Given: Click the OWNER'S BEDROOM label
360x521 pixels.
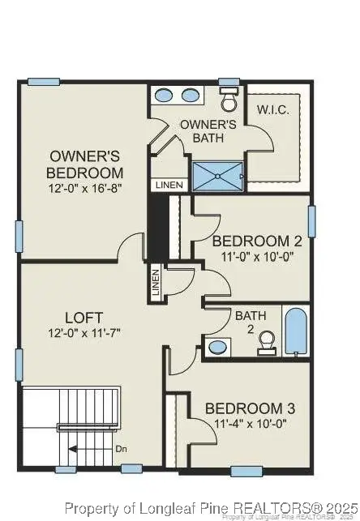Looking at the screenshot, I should coord(85,164).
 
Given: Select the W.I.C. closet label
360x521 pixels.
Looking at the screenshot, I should coord(273,109).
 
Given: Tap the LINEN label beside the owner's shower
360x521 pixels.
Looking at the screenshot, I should coord(169,186).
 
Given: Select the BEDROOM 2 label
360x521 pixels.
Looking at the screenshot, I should coord(251,241).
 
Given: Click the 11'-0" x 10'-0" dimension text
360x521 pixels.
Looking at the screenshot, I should coord(251,258).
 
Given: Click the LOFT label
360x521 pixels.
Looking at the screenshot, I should coord(84,317).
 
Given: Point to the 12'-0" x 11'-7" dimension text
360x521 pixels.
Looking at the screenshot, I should coord(84,333).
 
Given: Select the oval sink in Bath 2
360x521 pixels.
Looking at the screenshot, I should coord(218,348).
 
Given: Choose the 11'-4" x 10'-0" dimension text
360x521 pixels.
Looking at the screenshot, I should coord(245,423).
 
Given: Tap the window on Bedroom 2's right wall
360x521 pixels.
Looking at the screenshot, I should coord(311,221).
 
